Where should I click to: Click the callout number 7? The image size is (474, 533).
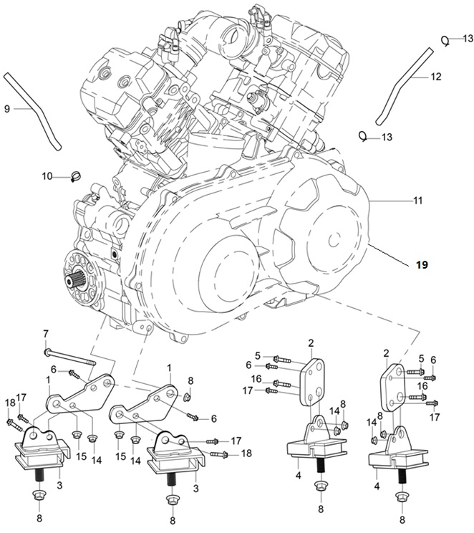click(x=46, y=333)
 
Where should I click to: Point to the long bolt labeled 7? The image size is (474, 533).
click(x=70, y=357)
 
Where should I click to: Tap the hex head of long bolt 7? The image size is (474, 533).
click(x=47, y=352)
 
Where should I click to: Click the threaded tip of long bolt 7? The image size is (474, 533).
click(x=92, y=363)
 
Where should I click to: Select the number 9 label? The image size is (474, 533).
click(x=7, y=109)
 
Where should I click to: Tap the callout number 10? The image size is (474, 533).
click(x=47, y=176)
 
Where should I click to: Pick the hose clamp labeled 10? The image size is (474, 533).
click(x=77, y=176)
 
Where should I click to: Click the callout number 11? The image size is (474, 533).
click(x=418, y=201)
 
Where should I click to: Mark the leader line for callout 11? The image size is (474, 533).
click(x=390, y=201)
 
